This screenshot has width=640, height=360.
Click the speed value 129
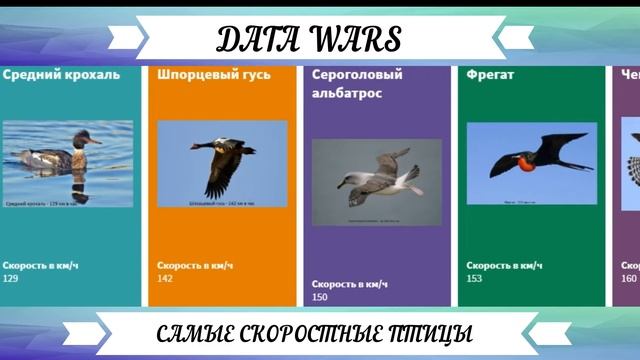[x=11, y=278]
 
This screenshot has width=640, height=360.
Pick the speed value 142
[x=165, y=278]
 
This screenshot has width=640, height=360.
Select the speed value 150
[x=320, y=297]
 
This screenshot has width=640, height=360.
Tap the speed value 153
[x=474, y=278]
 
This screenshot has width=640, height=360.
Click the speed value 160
[x=628, y=278]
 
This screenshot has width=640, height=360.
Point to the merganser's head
[x=82, y=137]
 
